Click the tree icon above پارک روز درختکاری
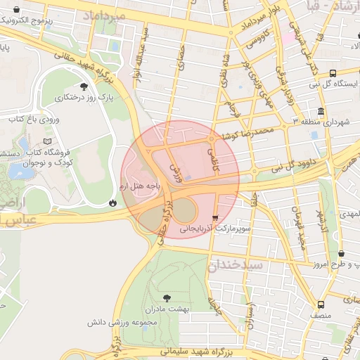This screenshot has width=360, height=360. [x=84, y=86]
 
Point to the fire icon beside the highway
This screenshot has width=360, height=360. [x=112, y=202]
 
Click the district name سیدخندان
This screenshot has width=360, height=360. [x=236, y=264]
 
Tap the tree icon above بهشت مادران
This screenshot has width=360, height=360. [x=166, y=298]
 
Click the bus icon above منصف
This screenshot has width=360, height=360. [x=321, y=304]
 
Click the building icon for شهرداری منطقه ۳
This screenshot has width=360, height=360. [x=321, y=111]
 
